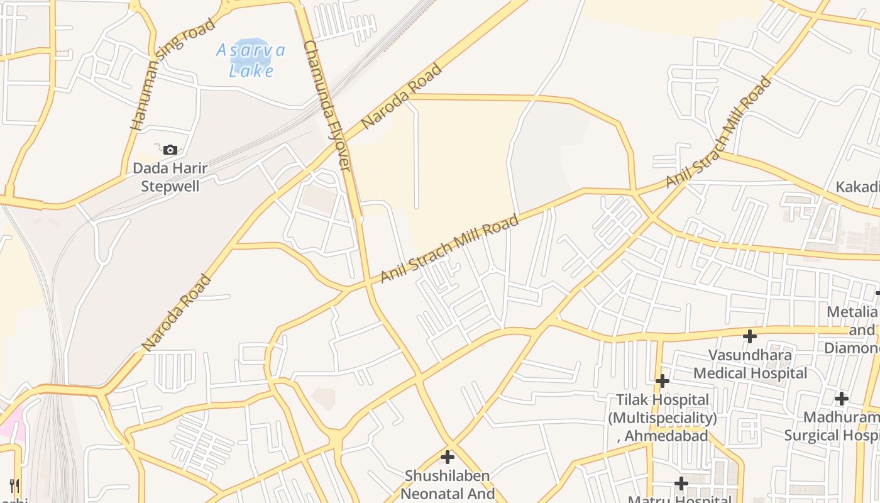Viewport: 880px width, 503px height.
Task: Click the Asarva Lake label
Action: pyautogui.click(x=251, y=60)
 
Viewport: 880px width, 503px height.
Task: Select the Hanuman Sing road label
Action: pyautogui.click(x=172, y=74)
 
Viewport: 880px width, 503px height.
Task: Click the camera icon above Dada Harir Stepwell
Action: pyautogui.click(x=170, y=150)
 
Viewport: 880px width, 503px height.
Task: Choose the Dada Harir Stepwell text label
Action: pyautogui.click(x=170, y=177)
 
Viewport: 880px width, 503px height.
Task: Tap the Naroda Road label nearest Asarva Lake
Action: pyautogui.click(x=402, y=96)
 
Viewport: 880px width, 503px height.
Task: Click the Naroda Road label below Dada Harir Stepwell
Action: pyautogui.click(x=176, y=312)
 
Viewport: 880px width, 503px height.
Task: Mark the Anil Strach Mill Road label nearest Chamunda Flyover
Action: pyautogui.click(x=449, y=248)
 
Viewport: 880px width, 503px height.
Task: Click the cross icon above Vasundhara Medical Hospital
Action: pyautogui.click(x=749, y=336)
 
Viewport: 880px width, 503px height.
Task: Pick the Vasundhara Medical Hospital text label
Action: pyautogui.click(x=750, y=364)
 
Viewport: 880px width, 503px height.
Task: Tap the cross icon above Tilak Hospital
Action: pyautogui.click(x=662, y=381)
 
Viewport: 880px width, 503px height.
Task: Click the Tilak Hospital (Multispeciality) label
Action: pyautogui.click(x=663, y=409)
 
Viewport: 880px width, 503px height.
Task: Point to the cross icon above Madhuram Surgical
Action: pyautogui.click(x=841, y=399)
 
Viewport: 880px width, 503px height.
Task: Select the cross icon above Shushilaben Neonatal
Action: pyautogui.click(x=448, y=457)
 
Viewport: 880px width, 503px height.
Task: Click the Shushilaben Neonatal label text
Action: pyautogui.click(x=448, y=484)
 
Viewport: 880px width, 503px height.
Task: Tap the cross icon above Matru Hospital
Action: pyautogui.click(x=681, y=484)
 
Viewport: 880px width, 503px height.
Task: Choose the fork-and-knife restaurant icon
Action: pyautogui.click(x=14, y=485)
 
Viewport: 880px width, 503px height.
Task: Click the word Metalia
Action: pyautogui.click(x=851, y=312)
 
